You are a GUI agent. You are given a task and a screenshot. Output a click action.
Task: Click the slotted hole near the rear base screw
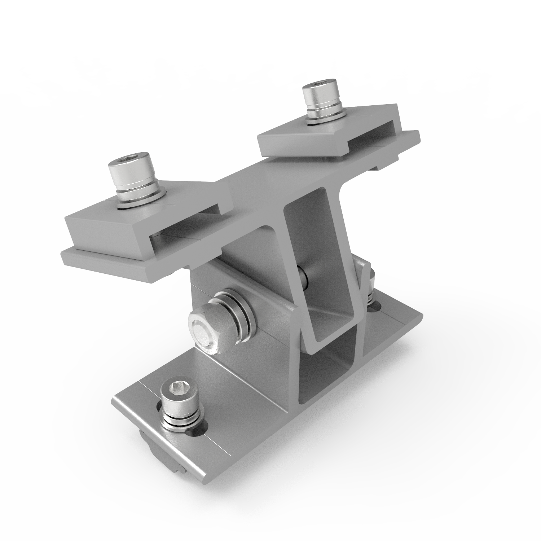(377, 307)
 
